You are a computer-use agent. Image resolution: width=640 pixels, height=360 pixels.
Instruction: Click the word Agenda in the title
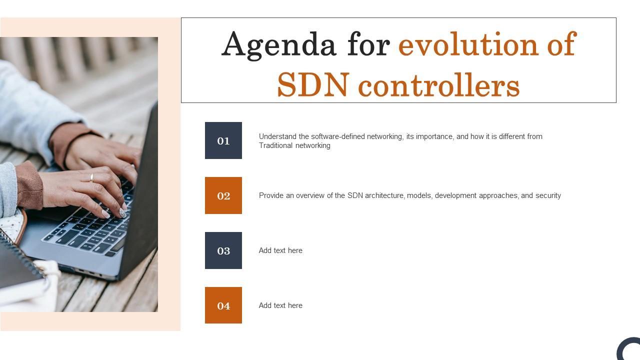(x=279, y=45)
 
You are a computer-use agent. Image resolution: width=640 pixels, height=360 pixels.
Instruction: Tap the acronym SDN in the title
(x=313, y=84)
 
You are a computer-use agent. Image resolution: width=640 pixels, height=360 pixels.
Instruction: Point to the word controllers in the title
(x=439, y=84)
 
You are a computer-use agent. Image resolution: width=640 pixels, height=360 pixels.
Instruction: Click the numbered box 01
(x=223, y=140)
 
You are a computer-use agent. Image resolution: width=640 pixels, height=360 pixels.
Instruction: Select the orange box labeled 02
(x=223, y=195)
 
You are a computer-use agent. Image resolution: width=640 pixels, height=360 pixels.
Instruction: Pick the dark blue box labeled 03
(x=223, y=250)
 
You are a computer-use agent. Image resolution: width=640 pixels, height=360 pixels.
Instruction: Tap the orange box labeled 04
(x=223, y=305)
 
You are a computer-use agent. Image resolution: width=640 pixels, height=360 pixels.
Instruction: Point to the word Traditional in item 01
(x=275, y=145)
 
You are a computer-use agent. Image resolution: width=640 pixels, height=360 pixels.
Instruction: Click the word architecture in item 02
(x=384, y=195)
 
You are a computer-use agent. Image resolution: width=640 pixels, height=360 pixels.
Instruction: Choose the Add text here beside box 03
(x=280, y=250)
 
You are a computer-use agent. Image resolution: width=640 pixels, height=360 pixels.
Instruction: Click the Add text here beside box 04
(x=280, y=305)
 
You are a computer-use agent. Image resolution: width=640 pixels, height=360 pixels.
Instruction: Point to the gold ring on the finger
(x=91, y=178)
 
